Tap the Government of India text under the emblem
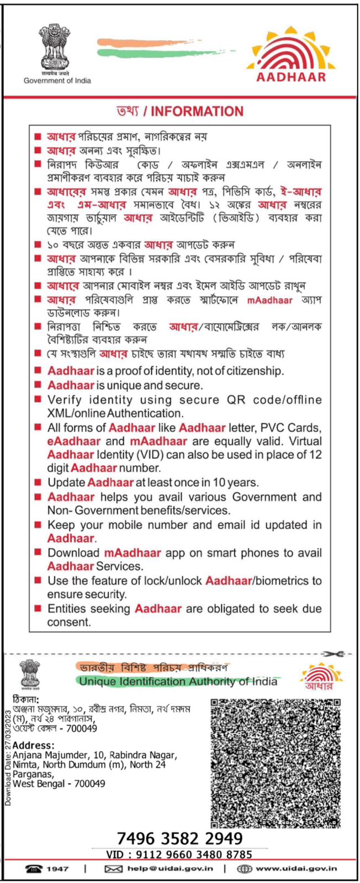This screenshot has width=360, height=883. [57, 81]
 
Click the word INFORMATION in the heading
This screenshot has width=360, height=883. [197, 111]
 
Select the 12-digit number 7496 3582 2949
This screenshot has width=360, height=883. [179, 838]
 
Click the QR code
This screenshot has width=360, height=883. [275, 763]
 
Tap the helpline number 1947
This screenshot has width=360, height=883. [57, 869]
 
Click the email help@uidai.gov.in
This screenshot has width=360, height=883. [170, 869]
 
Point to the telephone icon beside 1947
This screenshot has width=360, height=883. [34, 869]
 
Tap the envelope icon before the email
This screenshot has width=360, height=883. [113, 869]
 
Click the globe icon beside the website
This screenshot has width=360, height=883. [244, 869]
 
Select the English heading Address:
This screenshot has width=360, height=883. [34, 746]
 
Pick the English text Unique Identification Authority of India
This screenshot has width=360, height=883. [178, 682]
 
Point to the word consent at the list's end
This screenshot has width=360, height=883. [68, 622]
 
